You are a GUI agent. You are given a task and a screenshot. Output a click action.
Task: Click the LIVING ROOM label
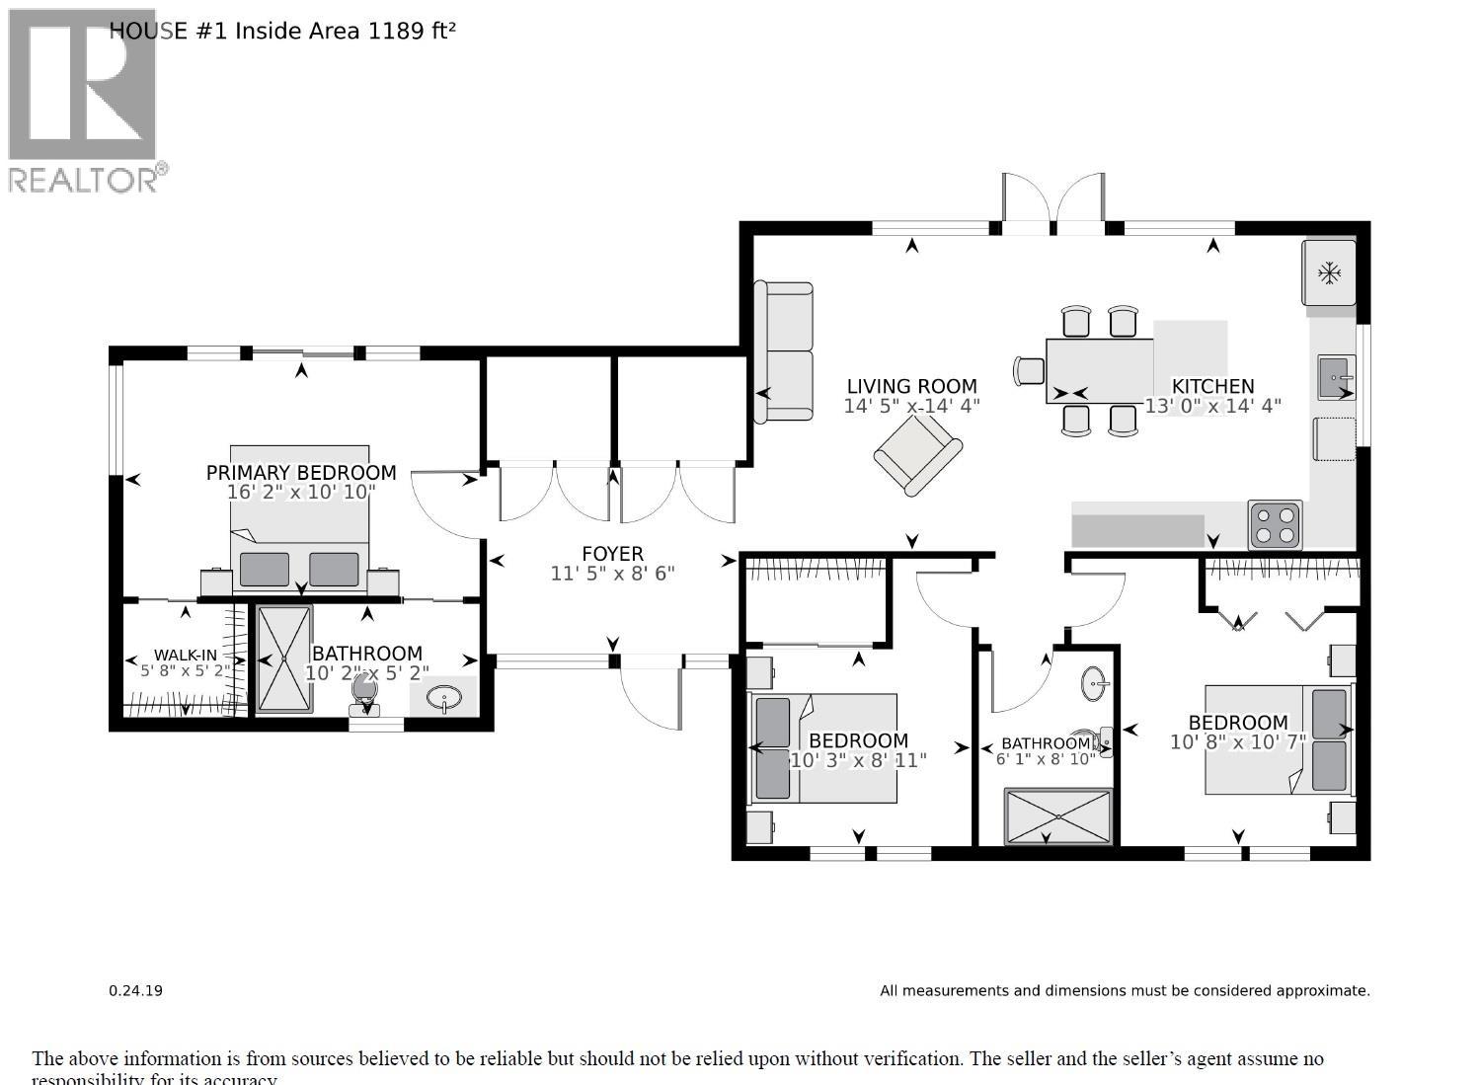coord(911,386)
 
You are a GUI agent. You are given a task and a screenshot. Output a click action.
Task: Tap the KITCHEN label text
coord(1212,386)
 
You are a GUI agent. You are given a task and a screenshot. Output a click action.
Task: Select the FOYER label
coord(612,554)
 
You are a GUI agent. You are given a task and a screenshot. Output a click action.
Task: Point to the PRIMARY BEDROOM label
coord(301,473)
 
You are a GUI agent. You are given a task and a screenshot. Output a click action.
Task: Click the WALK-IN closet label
coord(185,656)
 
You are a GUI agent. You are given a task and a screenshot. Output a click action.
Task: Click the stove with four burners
coord(1276,525)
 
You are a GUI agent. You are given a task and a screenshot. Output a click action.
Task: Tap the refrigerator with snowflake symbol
coord(1329,272)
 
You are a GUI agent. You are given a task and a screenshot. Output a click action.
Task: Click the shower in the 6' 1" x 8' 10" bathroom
coord(1058,815)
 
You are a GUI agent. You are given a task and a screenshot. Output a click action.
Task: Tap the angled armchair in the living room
coord(917,454)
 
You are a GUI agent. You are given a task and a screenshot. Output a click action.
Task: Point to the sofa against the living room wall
coord(784,351)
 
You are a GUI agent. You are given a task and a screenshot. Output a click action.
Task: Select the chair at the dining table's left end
coord(1029,370)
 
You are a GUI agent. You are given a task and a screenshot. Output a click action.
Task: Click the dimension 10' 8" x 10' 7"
coord(1237,742)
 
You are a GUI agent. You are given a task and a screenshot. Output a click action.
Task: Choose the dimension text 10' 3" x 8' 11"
coord(858,760)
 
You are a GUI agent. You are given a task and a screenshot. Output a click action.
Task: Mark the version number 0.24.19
coord(135,990)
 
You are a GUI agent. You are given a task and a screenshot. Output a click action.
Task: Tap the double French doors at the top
coord(1053,205)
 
